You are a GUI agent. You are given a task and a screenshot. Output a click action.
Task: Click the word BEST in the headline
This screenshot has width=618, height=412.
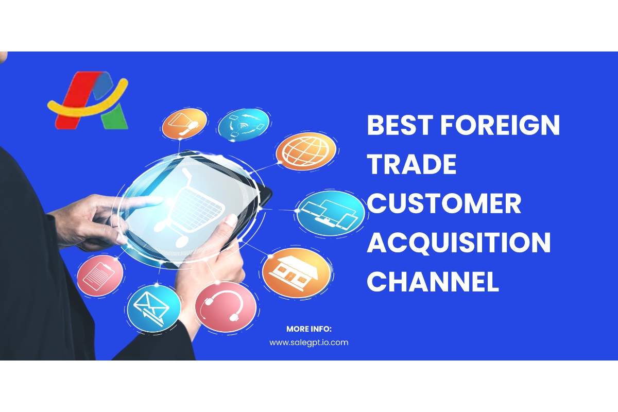point(400,125)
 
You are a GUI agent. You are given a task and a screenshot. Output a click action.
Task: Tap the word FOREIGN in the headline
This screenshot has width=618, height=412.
point(500,125)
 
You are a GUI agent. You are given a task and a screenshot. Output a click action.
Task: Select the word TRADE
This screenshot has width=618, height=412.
point(411,164)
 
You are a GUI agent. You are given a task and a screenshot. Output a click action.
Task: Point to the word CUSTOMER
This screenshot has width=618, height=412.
point(444,203)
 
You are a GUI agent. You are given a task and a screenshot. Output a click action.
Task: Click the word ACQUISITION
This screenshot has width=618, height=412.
point(458,243)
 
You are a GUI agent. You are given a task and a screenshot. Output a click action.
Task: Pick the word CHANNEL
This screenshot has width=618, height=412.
point(433,282)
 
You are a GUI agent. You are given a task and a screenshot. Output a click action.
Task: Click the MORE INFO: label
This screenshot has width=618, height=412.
point(308,329)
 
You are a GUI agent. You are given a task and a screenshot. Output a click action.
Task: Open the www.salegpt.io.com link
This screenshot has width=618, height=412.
point(308,343)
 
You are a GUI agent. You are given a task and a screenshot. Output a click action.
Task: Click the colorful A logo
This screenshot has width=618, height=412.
point(88,100)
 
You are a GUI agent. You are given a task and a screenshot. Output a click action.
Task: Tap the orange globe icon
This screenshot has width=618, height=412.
point(306,151)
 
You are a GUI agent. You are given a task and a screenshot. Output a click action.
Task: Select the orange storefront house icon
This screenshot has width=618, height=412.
point(296,272)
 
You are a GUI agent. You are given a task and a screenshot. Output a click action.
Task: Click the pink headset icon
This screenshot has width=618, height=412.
point(226,306)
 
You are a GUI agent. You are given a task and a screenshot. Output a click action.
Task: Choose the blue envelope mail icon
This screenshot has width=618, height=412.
point(154,308)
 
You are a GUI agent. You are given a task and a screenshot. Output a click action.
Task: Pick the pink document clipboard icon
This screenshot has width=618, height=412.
point(100,276)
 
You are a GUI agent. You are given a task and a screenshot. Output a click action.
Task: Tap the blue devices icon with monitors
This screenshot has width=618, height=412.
point(331,213)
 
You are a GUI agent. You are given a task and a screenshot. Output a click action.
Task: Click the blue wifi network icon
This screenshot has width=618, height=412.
point(244,125)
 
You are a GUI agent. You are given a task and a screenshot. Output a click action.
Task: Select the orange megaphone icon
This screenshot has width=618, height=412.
point(184,124)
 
